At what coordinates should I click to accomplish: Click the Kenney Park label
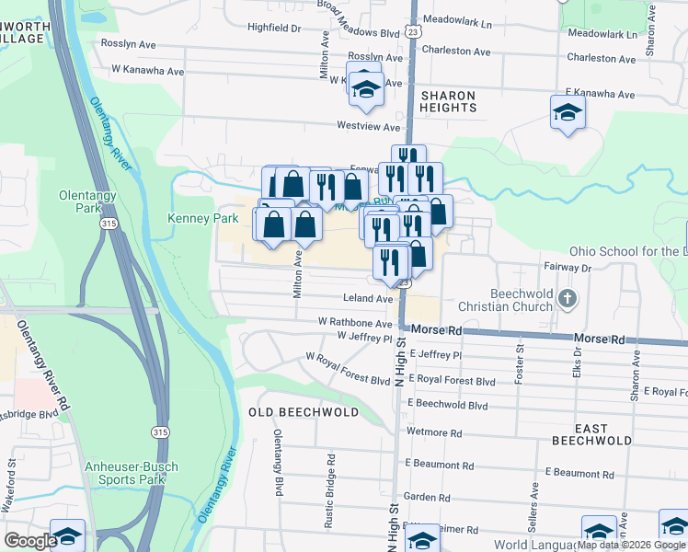coord(190,219)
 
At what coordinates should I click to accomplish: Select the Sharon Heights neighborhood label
coord(449,101)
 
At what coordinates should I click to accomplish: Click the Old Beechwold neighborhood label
coord(304,412)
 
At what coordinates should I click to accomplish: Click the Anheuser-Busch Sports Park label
coord(132,473)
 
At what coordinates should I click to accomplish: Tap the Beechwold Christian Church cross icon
coord(568,298)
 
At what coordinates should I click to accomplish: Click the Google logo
coord(30,541)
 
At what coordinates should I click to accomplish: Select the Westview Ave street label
coord(369,126)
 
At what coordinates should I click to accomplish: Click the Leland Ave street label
coord(368,299)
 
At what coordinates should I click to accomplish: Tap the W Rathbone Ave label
coord(355,323)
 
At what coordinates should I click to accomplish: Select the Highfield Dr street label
coord(274,29)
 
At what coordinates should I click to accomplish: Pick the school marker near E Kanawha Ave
coord(568,114)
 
